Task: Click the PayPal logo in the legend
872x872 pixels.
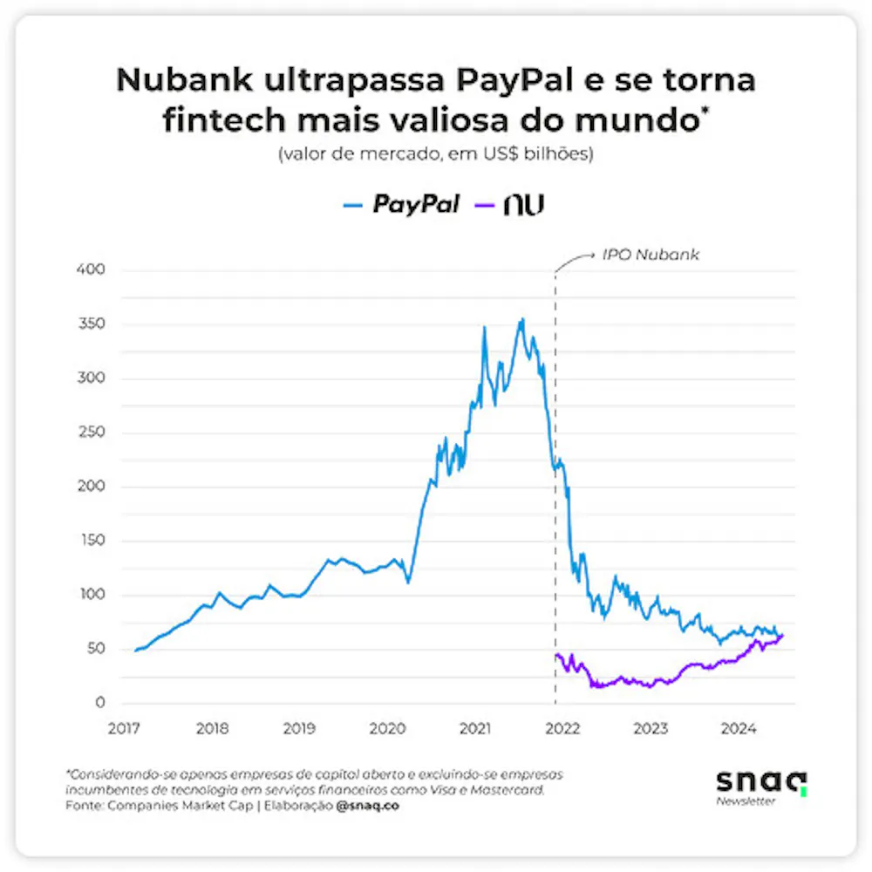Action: pos(416,205)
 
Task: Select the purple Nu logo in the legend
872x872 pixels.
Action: pos(523,205)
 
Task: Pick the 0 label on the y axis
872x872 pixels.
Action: pos(99,703)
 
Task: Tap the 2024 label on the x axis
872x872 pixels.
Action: pos(739,728)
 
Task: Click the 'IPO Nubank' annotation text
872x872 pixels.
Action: pos(651,256)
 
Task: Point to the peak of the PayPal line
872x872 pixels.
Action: pos(521,319)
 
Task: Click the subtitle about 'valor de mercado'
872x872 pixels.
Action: pos(435,155)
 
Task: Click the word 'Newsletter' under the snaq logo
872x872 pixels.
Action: pos(746,801)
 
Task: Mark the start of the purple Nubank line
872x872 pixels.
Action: pos(555,655)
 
